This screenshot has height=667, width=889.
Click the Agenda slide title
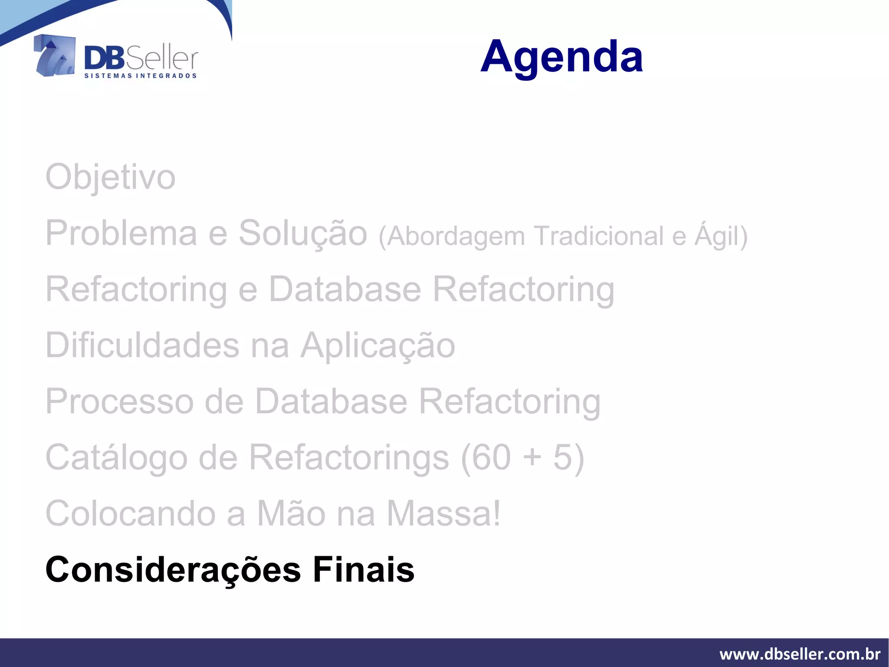(x=561, y=56)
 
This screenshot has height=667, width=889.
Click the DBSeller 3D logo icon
(x=55, y=56)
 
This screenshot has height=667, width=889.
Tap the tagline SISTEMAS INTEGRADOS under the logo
(x=140, y=76)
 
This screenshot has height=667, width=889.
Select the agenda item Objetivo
(x=110, y=177)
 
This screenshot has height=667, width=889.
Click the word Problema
(x=121, y=233)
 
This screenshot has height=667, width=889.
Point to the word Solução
(x=303, y=233)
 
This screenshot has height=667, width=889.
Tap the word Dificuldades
(x=142, y=345)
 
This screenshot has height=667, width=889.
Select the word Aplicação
(x=378, y=345)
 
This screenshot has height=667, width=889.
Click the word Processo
(x=119, y=402)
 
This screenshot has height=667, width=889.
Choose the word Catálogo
(x=116, y=458)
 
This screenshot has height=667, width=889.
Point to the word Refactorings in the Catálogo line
(x=349, y=458)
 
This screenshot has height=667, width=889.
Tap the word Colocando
(x=130, y=514)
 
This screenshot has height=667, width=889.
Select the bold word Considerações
(x=173, y=570)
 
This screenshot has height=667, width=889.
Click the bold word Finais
(x=363, y=570)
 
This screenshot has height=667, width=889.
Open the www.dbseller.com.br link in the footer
(x=800, y=654)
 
